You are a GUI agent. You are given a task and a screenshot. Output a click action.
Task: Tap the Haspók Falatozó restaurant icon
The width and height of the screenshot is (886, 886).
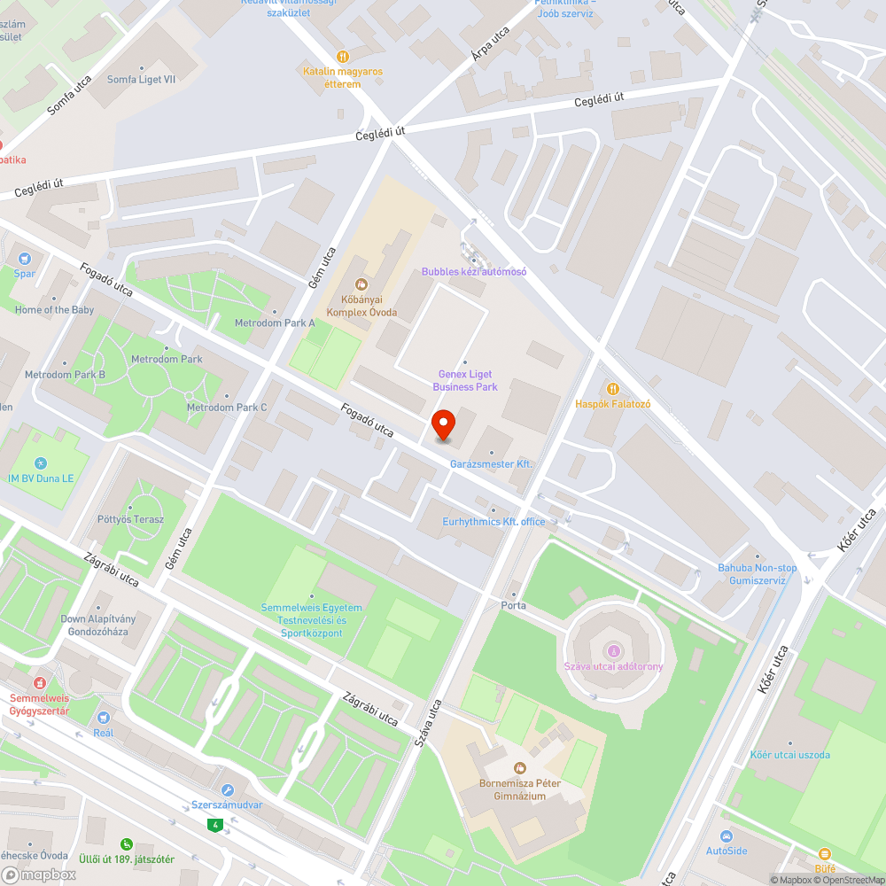[612, 389]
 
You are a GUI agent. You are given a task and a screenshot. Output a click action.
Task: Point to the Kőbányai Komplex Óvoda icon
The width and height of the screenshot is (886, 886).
[361, 284]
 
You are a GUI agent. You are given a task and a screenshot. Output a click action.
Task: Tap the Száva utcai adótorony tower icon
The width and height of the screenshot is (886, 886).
[613, 651]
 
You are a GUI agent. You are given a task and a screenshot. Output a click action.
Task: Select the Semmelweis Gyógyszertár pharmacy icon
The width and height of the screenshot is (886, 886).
[39, 684]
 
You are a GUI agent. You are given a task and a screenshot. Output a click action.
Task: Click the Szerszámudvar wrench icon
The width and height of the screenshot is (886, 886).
[228, 790]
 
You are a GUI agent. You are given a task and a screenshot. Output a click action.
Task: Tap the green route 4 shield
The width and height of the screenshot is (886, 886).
[214, 825]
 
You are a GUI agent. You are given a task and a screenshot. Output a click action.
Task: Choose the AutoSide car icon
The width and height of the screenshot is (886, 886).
[727, 836]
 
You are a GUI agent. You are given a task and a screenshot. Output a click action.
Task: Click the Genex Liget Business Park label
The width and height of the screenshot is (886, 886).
[465, 380]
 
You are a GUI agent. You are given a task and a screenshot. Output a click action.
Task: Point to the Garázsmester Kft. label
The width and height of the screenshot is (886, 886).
[491, 464]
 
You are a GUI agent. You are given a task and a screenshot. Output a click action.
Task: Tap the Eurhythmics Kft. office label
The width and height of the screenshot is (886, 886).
[494, 522]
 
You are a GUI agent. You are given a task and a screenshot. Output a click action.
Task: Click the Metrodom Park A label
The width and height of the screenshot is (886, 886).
[275, 323]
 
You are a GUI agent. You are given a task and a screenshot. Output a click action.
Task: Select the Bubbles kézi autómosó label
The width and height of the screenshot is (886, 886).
[474, 271]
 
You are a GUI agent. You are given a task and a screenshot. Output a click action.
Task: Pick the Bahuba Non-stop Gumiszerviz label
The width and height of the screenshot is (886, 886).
[758, 574]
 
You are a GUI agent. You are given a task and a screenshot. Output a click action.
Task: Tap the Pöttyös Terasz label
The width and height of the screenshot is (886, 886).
[131, 519]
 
